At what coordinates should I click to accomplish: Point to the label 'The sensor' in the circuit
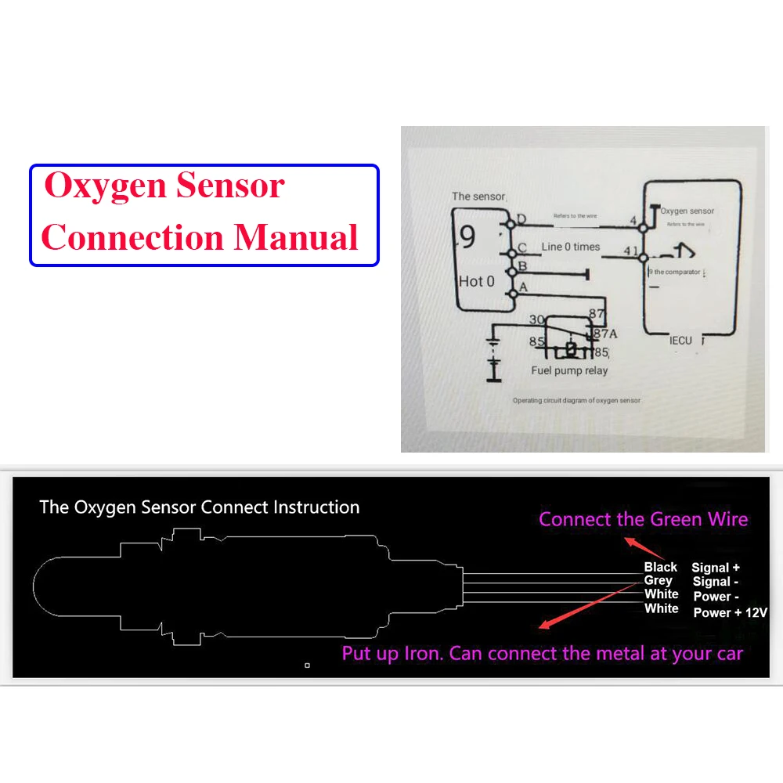click(479, 197)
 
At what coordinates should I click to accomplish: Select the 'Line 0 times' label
click(571, 247)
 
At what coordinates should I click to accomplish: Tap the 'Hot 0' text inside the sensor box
click(477, 281)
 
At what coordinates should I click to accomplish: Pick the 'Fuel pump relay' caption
click(569, 370)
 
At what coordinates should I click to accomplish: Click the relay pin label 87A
click(606, 334)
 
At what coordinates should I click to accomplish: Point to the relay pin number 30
click(536, 319)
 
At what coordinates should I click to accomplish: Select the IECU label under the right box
click(680, 341)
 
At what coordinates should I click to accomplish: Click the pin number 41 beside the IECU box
click(630, 251)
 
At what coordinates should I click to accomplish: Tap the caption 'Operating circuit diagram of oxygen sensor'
click(576, 400)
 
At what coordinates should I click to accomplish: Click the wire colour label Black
click(660, 567)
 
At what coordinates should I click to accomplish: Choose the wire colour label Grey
click(658, 581)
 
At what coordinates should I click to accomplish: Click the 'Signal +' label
click(716, 568)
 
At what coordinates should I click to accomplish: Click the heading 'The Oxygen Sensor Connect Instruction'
click(200, 507)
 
